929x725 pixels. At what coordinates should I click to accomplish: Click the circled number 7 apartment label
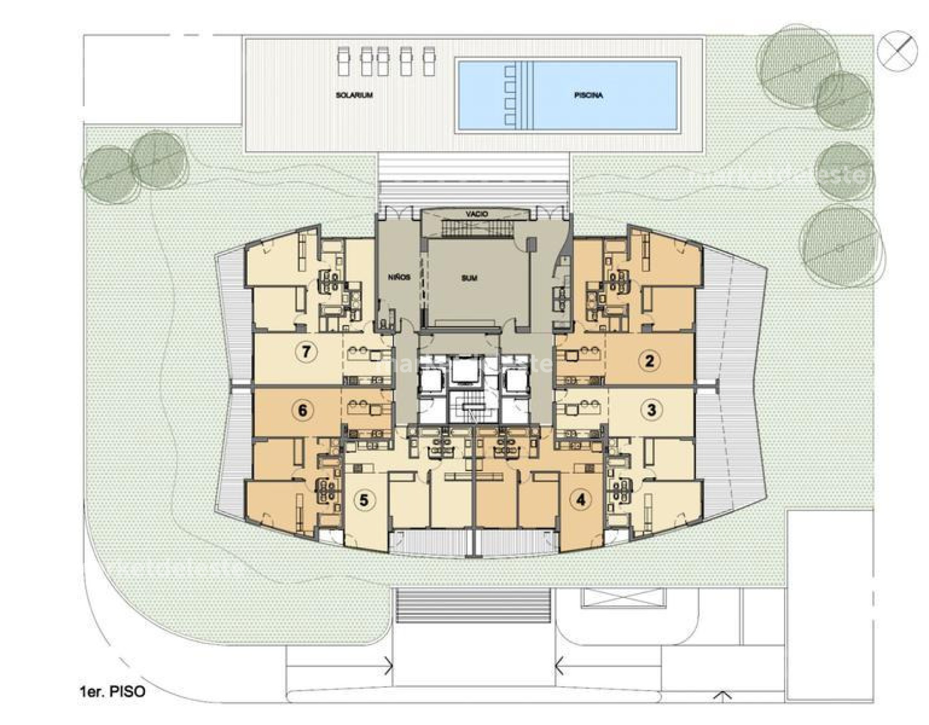pos(306,352)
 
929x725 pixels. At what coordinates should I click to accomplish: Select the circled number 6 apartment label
pos(302,410)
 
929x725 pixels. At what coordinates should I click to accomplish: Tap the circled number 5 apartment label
pos(364,500)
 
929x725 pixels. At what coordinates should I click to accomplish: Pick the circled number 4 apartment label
pos(582,500)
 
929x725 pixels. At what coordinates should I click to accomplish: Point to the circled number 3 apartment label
pos(651,410)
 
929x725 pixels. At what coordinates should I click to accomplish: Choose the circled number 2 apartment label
pos(649,360)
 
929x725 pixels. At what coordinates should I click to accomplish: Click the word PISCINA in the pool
pos(588,95)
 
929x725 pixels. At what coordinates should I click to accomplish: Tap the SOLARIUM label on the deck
pos(354,95)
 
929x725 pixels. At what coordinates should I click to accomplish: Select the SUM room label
pos(469,278)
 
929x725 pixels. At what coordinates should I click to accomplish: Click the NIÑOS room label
pos(399,277)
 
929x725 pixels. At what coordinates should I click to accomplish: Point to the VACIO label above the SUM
pos(476,214)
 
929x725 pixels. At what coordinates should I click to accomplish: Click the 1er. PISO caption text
pos(112,691)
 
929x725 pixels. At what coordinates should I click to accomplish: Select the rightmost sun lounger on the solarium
pos(429,61)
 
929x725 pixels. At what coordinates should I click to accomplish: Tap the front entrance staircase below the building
pos(473,606)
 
